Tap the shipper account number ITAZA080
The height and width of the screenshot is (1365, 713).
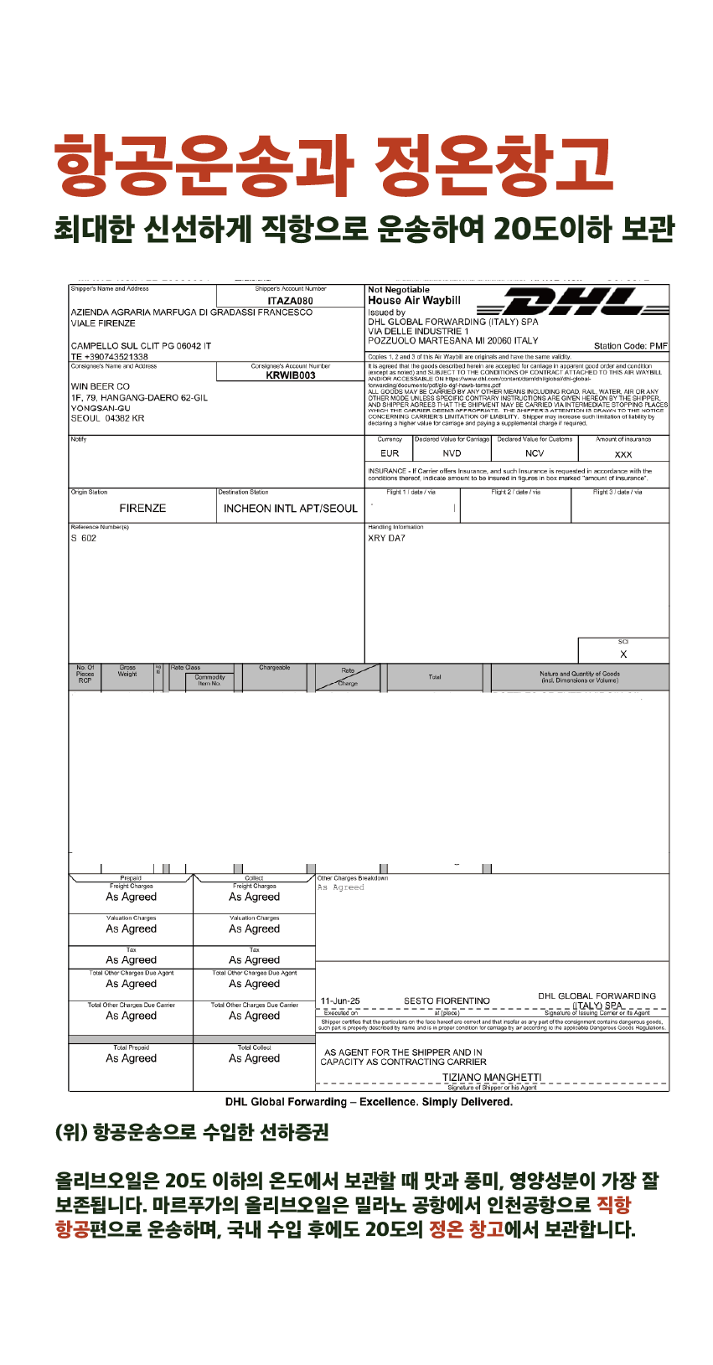(290, 301)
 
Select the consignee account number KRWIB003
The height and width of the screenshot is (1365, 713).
(290, 375)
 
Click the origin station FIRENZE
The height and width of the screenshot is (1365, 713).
(142, 509)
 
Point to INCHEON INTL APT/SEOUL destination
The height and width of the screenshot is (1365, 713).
(290, 509)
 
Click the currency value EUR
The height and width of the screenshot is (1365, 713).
(390, 453)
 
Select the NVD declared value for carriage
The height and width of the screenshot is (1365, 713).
(452, 453)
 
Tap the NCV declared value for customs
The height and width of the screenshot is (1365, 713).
(535, 453)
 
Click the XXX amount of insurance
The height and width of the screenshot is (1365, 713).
(623, 454)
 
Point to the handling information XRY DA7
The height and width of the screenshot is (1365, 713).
(386, 538)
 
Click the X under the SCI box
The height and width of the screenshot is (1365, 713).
(623, 654)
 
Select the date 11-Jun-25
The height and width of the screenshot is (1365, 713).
(340, 1001)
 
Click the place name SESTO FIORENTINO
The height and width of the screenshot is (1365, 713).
(447, 1001)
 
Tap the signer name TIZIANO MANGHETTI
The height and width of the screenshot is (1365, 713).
(492, 1078)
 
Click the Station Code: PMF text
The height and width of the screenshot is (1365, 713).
(630, 346)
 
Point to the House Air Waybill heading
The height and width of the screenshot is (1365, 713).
(414, 300)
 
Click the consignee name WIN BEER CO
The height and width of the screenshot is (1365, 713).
(101, 387)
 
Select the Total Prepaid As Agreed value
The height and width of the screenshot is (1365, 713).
(131, 1058)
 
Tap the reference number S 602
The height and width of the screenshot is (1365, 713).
(84, 539)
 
